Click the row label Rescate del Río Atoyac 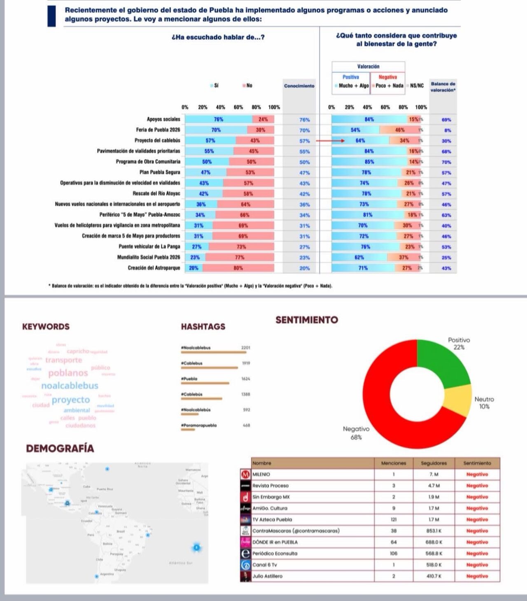[x=156, y=194]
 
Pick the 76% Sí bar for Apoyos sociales [x=218, y=119]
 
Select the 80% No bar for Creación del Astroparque [x=238, y=268]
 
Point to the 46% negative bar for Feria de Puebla [x=399, y=130]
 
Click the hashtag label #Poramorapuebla [x=199, y=425]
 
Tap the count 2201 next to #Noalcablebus [x=245, y=348]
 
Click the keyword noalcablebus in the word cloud [x=70, y=386]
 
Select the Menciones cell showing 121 [x=393, y=520]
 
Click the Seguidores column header [x=434, y=463]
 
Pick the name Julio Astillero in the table [x=267, y=576]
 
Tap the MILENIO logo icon [x=246, y=475]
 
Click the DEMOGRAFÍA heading [x=60, y=448]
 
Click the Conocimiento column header [x=299, y=86]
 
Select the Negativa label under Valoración [x=387, y=77]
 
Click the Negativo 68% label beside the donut [x=356, y=433]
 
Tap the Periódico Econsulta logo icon [x=246, y=554]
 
